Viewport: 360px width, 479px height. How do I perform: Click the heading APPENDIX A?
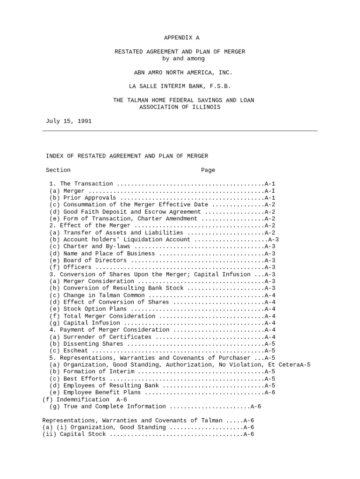pyautogui.click(x=181, y=38)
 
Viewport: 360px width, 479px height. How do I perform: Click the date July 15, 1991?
pyautogui.click(x=69, y=121)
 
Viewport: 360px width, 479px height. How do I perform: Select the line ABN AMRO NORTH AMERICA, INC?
pyautogui.click(x=183, y=73)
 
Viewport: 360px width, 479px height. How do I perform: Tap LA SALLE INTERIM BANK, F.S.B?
pyautogui.click(x=180, y=87)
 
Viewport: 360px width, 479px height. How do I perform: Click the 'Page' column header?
pyautogui.click(x=208, y=170)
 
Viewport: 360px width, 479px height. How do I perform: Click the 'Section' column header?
pyautogui.click(x=58, y=170)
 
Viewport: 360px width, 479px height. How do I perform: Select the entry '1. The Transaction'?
pyautogui.click(x=81, y=184)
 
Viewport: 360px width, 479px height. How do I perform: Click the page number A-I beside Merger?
pyautogui.click(x=270, y=191)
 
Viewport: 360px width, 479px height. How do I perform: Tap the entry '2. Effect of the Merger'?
pyautogui.click(x=90, y=225)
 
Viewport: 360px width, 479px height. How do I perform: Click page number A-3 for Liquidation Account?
pyautogui.click(x=274, y=239)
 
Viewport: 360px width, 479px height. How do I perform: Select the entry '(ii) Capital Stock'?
pyautogui.click(x=74, y=435)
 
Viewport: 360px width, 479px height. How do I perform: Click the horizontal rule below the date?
pyautogui.click(x=180, y=131)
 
